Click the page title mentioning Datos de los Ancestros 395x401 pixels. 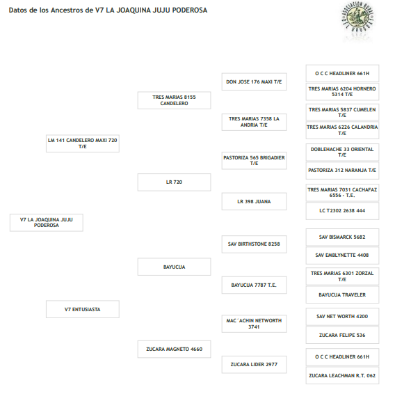(108, 10)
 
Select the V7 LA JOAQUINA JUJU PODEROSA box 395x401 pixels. (47, 223)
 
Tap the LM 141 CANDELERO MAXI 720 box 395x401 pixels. (83, 143)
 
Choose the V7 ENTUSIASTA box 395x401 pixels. (83, 309)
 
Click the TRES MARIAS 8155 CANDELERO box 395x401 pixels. (175, 100)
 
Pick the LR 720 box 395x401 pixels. (175, 182)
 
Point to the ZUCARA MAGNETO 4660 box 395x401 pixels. (175, 349)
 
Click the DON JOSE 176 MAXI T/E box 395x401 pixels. (254, 82)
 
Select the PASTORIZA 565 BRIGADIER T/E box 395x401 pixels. (254, 160)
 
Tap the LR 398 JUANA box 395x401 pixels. (254, 201)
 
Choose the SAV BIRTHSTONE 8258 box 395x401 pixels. (254, 244)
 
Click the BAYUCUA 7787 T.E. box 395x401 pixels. (254, 285)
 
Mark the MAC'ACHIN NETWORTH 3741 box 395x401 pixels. (254, 324)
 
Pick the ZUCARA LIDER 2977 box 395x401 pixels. (254, 364)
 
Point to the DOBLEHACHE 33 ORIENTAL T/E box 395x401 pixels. (342, 152)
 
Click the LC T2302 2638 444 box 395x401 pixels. (342, 211)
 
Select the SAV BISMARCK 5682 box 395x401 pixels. (342, 237)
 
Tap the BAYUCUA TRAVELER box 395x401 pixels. (342, 294)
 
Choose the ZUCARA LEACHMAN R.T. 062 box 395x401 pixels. (342, 375)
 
